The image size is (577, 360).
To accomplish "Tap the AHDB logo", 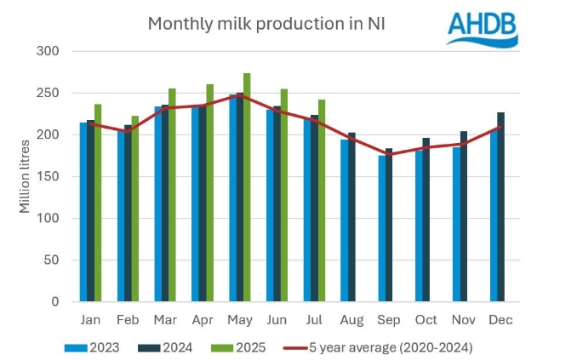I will [x=483, y=28].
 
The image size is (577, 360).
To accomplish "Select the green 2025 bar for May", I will [x=247, y=187].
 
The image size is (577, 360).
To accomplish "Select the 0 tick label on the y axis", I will [x=54, y=301].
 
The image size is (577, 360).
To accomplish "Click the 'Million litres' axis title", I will [x=25, y=176].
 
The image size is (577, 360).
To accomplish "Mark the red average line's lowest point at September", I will [x=390, y=154].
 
